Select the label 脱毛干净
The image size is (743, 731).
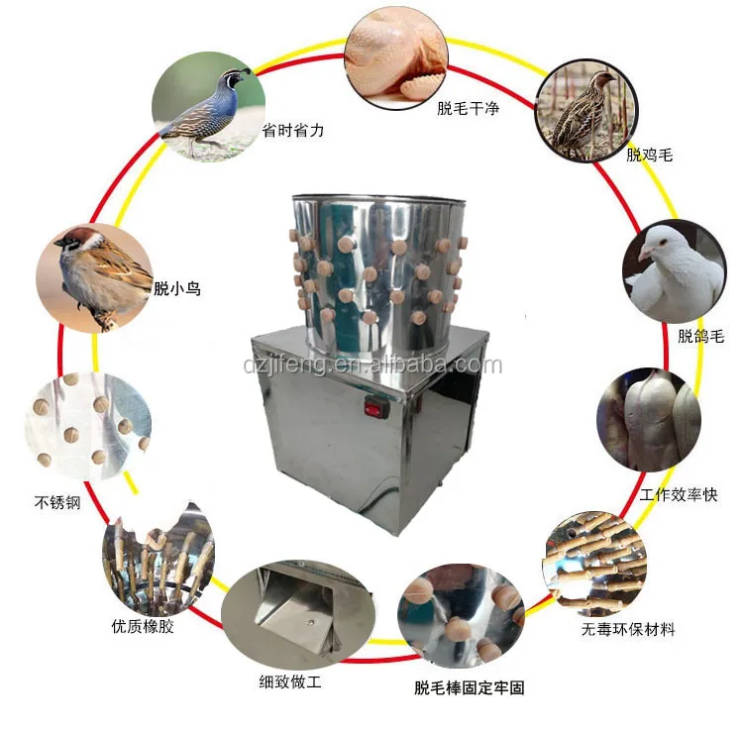click(468, 109)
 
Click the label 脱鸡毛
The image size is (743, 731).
click(650, 155)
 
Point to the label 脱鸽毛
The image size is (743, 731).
click(700, 336)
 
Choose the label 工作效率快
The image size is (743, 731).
click(678, 493)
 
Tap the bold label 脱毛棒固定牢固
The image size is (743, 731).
click(469, 686)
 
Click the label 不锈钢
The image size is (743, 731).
click(56, 503)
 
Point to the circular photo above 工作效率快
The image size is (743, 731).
click(649, 421)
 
